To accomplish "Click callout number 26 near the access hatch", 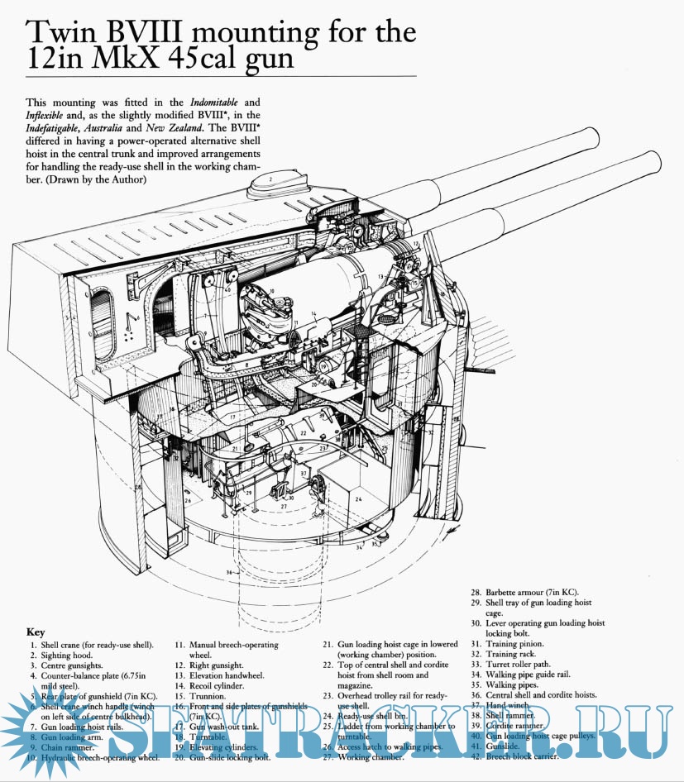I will click(188, 501).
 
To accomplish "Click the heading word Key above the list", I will click(36, 631).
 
